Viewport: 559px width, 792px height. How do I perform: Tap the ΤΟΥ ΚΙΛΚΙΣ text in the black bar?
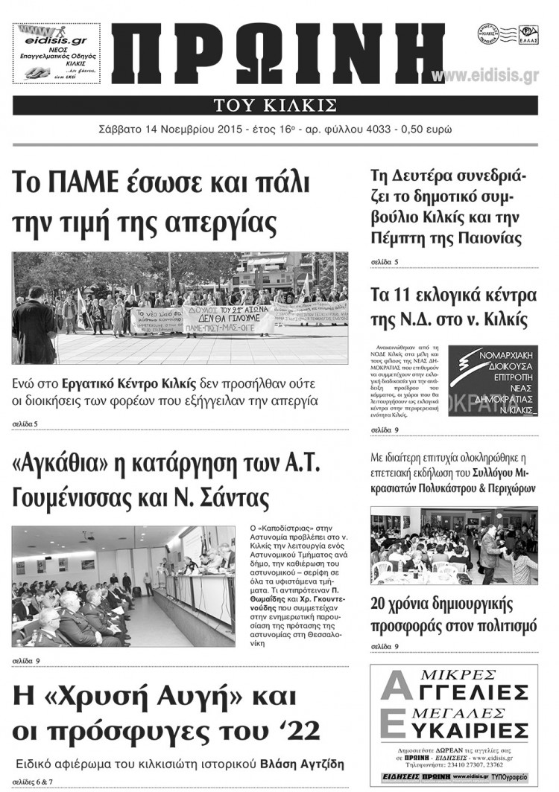276,105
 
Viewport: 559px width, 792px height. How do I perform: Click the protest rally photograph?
180,307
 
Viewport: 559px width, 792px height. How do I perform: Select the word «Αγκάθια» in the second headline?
57,464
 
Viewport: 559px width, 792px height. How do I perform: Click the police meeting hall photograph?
124,586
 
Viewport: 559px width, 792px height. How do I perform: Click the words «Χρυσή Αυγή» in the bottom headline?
149,695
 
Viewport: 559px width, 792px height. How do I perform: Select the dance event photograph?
453,546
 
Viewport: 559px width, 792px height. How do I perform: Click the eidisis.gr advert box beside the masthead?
56,54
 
